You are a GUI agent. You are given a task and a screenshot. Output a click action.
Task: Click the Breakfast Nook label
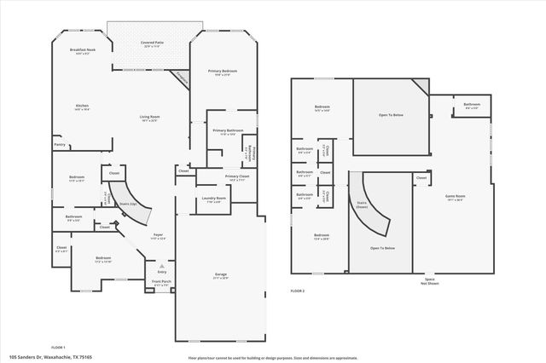(82, 50)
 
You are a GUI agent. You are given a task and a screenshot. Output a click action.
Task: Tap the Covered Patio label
(152, 43)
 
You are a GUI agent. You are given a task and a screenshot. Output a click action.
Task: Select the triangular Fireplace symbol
(181, 78)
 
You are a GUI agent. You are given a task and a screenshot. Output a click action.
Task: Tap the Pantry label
(60, 145)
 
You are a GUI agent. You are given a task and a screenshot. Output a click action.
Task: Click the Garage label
(220, 274)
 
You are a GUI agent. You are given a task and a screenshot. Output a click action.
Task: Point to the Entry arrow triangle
(162, 265)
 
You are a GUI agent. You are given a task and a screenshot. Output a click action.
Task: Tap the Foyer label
(158, 234)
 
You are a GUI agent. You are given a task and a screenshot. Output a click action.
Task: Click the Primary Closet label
(237, 177)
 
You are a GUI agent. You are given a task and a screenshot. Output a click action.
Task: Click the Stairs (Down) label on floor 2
(362, 203)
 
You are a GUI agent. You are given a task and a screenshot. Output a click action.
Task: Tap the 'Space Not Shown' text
(429, 281)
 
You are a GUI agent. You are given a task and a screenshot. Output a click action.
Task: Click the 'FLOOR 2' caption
(297, 291)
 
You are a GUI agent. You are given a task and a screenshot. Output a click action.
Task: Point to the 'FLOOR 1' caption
(58, 347)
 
